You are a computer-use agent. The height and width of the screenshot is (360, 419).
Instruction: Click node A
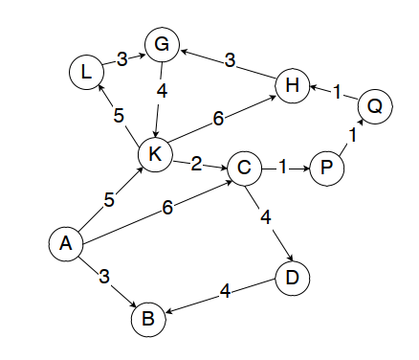pyautogui.click(x=65, y=243)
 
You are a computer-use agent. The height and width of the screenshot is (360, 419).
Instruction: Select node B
pyautogui.click(x=147, y=319)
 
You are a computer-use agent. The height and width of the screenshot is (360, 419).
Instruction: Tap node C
pyautogui.click(x=244, y=169)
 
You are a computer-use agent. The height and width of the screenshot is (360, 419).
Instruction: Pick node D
pyautogui.click(x=292, y=279)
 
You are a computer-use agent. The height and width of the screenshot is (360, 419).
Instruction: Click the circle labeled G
pyautogui.click(x=162, y=43)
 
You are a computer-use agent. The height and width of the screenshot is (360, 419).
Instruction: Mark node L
pyautogui.click(x=86, y=71)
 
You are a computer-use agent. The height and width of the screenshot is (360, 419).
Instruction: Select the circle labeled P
pyautogui.click(x=327, y=169)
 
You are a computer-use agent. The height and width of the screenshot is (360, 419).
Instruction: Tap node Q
pyautogui.click(x=375, y=106)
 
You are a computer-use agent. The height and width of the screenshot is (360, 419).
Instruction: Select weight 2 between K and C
pyautogui.click(x=196, y=163)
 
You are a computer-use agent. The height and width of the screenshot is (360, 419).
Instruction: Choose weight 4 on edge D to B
pyautogui.click(x=224, y=290)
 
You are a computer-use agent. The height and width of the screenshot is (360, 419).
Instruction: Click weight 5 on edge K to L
pyautogui.click(x=119, y=116)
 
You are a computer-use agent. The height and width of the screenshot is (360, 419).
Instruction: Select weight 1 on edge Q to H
pyautogui.click(x=336, y=93)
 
